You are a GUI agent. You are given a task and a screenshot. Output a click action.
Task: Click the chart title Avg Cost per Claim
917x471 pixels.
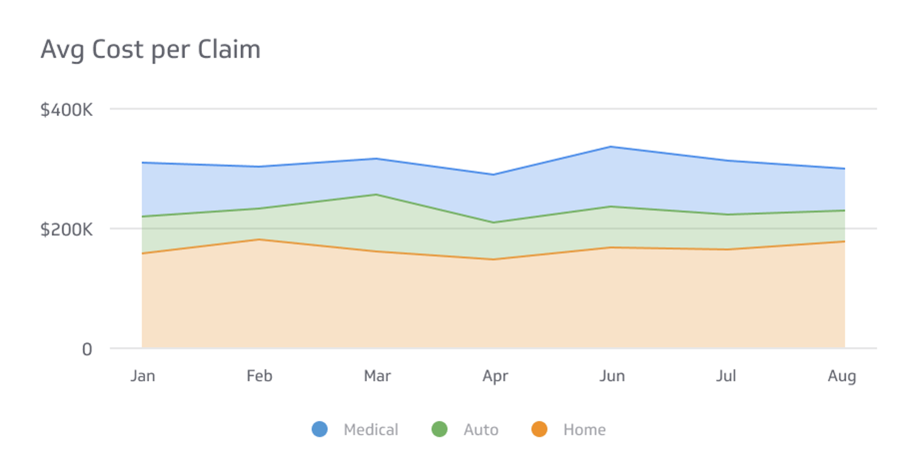[150, 50]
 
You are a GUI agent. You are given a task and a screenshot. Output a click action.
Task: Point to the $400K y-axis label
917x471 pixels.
[66, 110]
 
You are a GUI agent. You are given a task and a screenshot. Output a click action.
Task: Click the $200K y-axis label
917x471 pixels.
[66, 230]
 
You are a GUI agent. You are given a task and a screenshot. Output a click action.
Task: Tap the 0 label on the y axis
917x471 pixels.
[87, 350]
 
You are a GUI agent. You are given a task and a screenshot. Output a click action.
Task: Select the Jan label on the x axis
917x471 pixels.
[143, 376]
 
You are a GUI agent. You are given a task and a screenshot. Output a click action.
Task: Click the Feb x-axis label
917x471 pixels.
[259, 376]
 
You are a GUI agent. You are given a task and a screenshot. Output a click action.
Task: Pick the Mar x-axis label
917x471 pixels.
[377, 376]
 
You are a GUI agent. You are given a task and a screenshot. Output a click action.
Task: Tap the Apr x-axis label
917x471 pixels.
[495, 377]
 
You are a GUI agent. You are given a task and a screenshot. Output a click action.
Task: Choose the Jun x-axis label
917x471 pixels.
[612, 376]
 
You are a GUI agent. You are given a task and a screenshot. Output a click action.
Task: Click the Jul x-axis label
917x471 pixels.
[726, 376]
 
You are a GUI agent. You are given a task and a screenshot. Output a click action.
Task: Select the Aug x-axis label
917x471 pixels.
[842, 377]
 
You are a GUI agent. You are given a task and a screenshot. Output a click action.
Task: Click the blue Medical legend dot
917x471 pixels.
[320, 429]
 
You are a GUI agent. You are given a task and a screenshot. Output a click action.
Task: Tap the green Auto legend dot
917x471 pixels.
[439, 429]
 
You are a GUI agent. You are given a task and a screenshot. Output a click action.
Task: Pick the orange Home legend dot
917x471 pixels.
[539, 429]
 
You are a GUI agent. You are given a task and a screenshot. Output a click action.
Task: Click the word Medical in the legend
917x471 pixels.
[371, 429]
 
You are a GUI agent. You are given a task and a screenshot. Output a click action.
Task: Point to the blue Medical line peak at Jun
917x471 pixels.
[611, 147]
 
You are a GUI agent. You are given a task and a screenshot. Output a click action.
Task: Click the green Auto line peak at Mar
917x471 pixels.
[376, 194]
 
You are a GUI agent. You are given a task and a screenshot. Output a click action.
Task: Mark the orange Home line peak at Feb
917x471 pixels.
[259, 240]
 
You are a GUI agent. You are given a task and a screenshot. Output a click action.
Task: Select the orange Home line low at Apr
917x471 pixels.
[494, 260]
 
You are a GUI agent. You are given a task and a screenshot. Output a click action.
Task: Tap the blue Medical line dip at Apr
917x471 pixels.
[494, 175]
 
